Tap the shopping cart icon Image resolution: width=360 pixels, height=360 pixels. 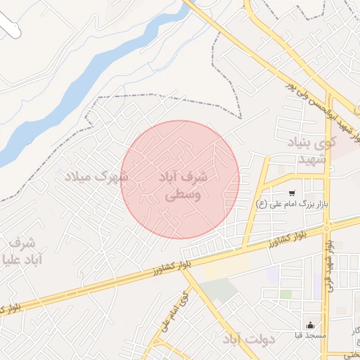click(291, 193)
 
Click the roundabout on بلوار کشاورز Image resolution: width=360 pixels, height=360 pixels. click(326, 228)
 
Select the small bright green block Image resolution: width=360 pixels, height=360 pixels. click(285, 294)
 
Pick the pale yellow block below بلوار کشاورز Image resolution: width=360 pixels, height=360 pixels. click(225, 268)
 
